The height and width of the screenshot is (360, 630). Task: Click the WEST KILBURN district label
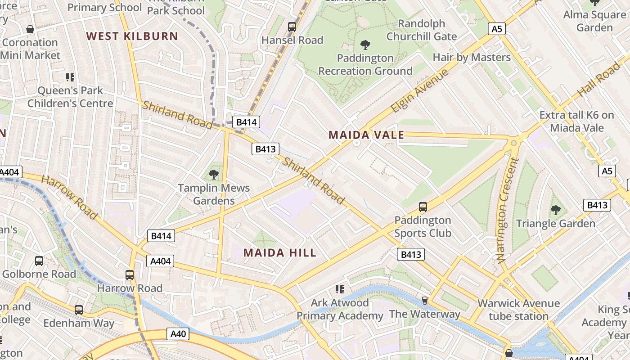pos(132,36)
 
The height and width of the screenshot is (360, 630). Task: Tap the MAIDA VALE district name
pos(366,135)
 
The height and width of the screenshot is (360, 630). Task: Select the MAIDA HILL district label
pos(280,253)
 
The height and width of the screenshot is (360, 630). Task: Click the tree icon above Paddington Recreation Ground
pos(365,45)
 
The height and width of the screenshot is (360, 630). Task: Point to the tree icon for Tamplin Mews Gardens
pos(214,175)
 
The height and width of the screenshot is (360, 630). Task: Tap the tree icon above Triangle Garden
pos(555,210)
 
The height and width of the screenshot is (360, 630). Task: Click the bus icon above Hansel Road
pos(292,27)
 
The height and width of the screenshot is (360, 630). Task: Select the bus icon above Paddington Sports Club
pos(423,207)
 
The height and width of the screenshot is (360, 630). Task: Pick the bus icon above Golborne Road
pos(39,261)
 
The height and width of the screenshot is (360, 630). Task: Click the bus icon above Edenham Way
pos(79,310)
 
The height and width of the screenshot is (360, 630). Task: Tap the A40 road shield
pos(179,334)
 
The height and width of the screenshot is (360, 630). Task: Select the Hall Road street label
pos(599,79)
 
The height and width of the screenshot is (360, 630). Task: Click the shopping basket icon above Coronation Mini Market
pos(30,30)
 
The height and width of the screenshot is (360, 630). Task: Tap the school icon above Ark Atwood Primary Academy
pos(339,289)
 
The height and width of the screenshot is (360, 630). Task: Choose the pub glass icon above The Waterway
pos(424,300)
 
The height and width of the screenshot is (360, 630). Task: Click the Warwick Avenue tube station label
pos(518,310)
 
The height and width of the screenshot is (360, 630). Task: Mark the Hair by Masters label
pos(471,58)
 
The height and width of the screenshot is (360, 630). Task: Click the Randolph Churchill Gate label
pos(421,30)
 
